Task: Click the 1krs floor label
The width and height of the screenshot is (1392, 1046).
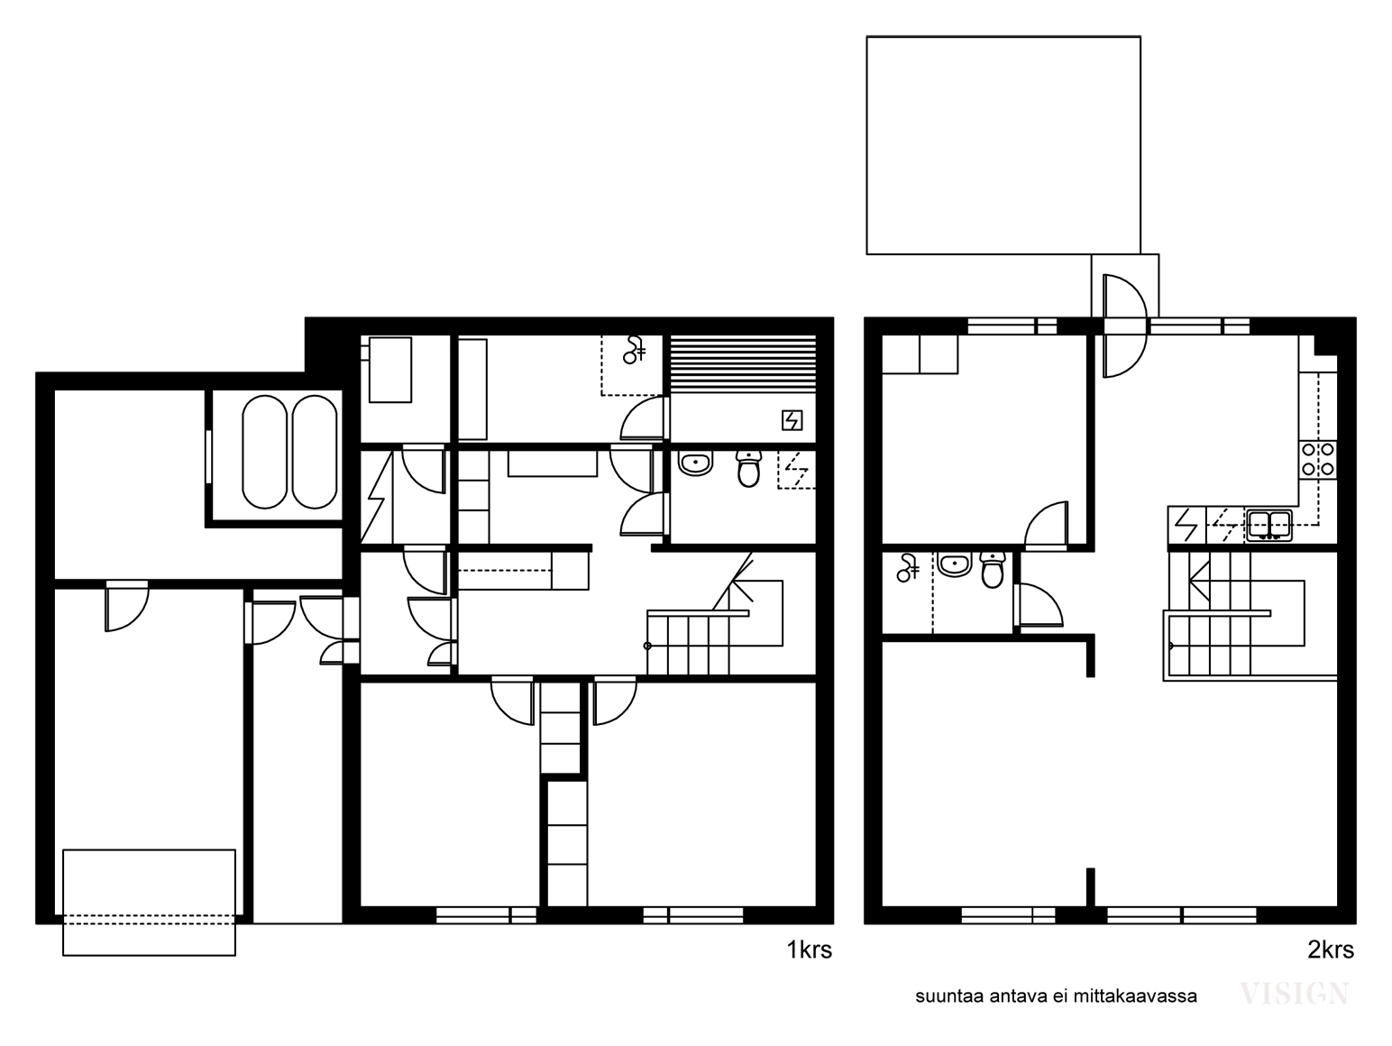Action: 810,950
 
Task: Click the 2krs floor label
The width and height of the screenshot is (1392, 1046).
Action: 1331,950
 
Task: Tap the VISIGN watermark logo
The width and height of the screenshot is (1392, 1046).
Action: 1294,994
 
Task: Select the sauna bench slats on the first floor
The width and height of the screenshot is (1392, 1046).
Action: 743,363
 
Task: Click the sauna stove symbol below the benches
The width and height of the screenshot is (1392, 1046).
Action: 792,420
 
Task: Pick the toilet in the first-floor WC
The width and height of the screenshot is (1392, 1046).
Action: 749,468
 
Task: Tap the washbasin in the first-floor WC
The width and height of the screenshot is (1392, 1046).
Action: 696,463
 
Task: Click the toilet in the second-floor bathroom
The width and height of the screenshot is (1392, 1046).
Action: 993,569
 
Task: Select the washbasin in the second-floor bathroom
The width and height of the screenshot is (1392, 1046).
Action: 955,564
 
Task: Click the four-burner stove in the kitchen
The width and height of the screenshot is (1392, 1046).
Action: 1318,460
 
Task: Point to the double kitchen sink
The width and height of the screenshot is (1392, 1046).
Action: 1269,525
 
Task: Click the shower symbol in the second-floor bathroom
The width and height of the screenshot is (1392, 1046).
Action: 908,568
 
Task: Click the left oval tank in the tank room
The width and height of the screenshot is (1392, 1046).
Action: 264,453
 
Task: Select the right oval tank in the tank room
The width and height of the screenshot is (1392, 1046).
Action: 315,453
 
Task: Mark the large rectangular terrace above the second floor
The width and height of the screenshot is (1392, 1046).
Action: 1003,145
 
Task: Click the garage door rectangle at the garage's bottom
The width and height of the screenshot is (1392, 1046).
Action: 149,903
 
